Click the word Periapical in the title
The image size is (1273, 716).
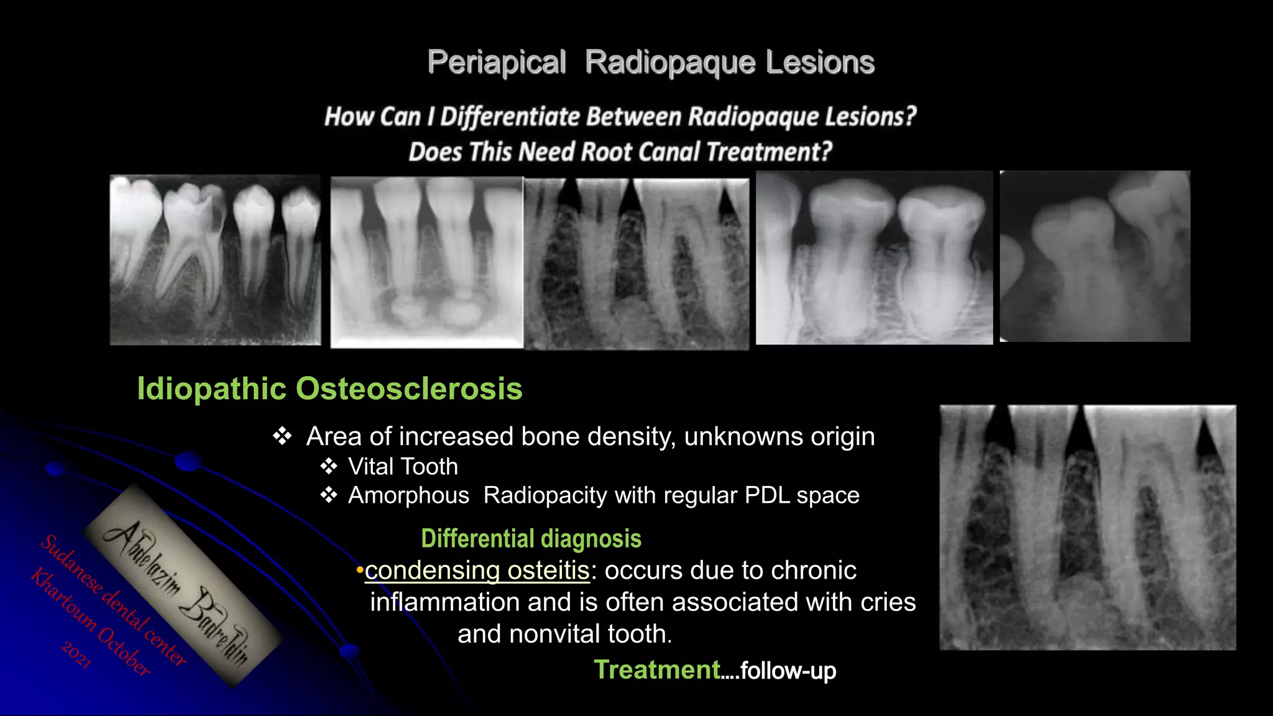(x=496, y=63)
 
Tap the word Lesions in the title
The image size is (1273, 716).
(x=820, y=63)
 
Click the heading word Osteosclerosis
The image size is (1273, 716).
(x=408, y=389)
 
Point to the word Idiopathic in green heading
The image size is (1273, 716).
(x=211, y=389)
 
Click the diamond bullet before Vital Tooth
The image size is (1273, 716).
(x=328, y=467)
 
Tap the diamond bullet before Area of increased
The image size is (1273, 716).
(x=282, y=436)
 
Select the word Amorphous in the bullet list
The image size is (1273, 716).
(x=408, y=496)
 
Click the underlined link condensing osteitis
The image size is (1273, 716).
(x=477, y=571)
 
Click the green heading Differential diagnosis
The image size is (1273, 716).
(x=531, y=539)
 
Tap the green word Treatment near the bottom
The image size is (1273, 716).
(x=656, y=670)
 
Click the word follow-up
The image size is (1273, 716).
(x=788, y=671)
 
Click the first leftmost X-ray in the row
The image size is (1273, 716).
(x=215, y=260)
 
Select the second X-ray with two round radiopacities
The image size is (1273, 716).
(x=426, y=262)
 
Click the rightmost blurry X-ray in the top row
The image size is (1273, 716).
(x=1095, y=256)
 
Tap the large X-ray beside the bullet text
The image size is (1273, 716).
(x=1087, y=527)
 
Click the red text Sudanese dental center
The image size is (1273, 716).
(x=113, y=600)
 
